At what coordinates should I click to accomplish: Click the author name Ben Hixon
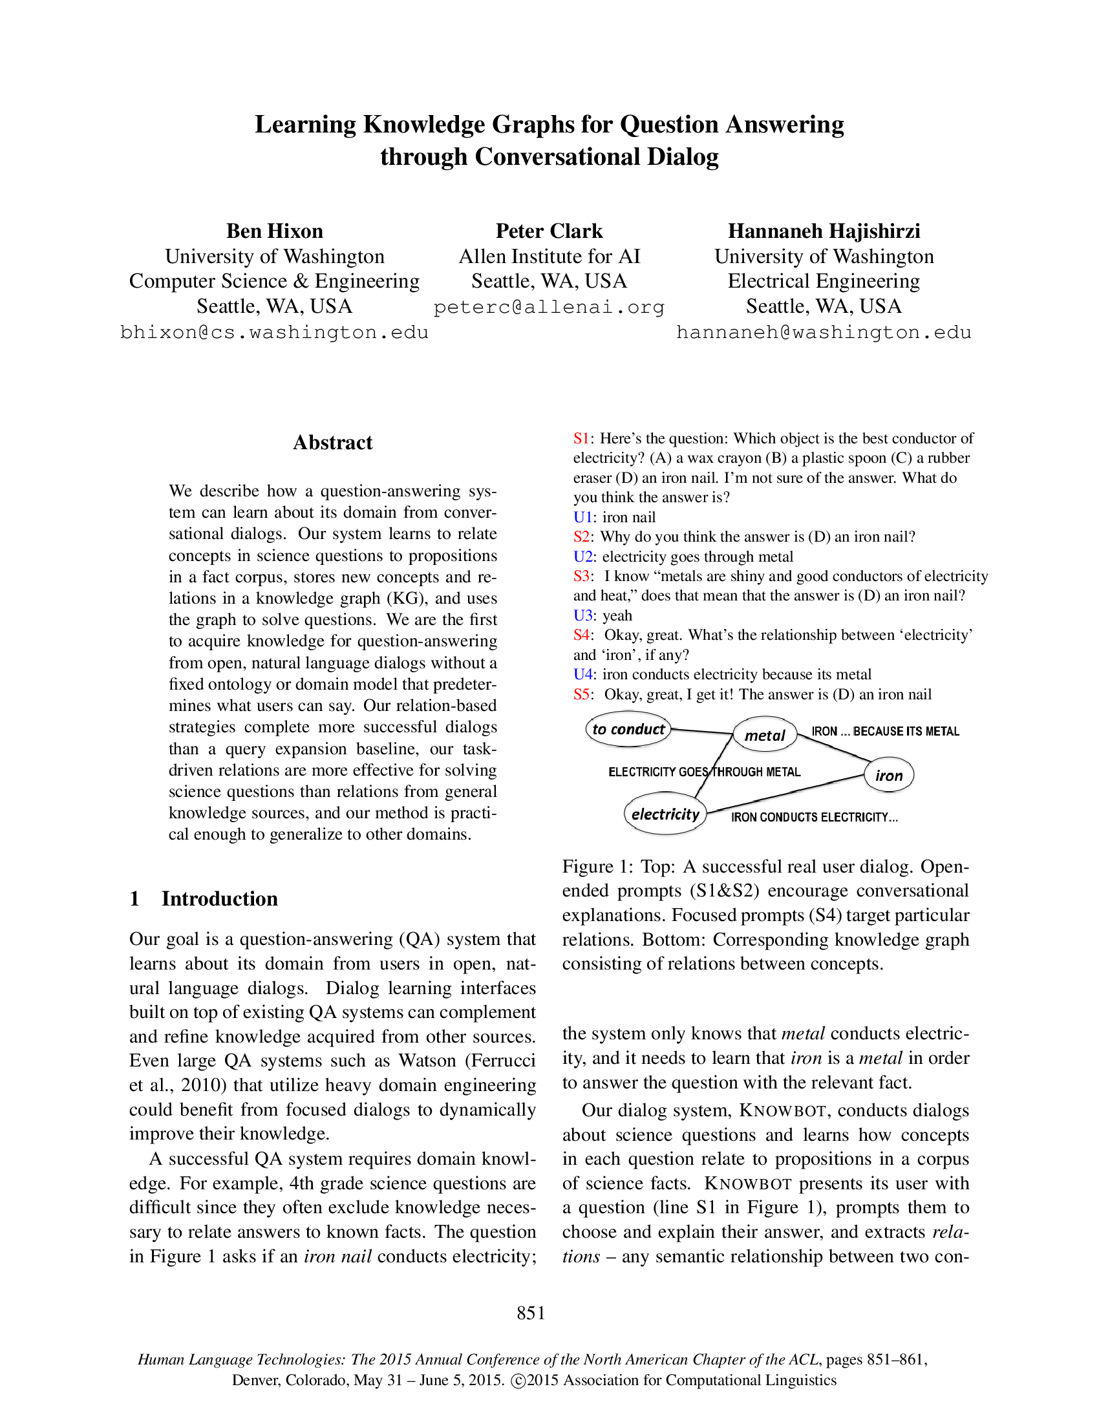click(x=274, y=231)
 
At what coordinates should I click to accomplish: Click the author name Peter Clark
click(x=549, y=231)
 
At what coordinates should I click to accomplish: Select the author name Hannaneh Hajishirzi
click(x=824, y=231)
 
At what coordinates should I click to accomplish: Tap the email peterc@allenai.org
click(x=549, y=307)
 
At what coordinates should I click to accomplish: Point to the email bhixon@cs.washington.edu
click(x=274, y=333)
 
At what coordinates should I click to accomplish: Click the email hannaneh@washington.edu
click(x=824, y=333)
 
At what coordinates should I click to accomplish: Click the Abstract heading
click(x=333, y=443)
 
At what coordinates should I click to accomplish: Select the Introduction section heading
click(x=219, y=898)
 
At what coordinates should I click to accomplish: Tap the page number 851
click(x=531, y=1313)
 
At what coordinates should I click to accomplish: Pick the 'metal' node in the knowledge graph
click(x=765, y=736)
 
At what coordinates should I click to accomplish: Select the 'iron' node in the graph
click(x=889, y=776)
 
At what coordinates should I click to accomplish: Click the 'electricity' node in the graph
click(x=665, y=814)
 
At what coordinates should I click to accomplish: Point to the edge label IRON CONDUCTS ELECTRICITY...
click(x=814, y=818)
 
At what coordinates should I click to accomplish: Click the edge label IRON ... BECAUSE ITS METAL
click(x=885, y=732)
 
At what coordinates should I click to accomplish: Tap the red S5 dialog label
click(x=581, y=695)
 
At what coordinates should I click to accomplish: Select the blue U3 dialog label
click(x=582, y=616)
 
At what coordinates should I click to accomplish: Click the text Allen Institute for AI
click(x=549, y=257)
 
